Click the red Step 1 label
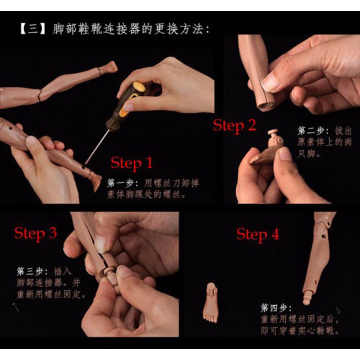point(131,163)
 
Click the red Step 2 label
point(234,126)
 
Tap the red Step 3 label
point(35,233)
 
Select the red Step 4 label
point(257,234)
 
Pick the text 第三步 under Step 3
point(29,272)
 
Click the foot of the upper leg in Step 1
point(108,68)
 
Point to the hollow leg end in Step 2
point(265,104)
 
